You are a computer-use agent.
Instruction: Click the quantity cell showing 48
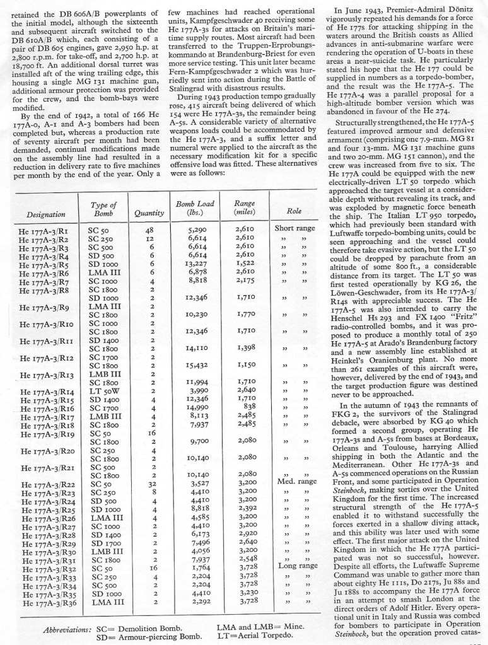pos(149,230)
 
